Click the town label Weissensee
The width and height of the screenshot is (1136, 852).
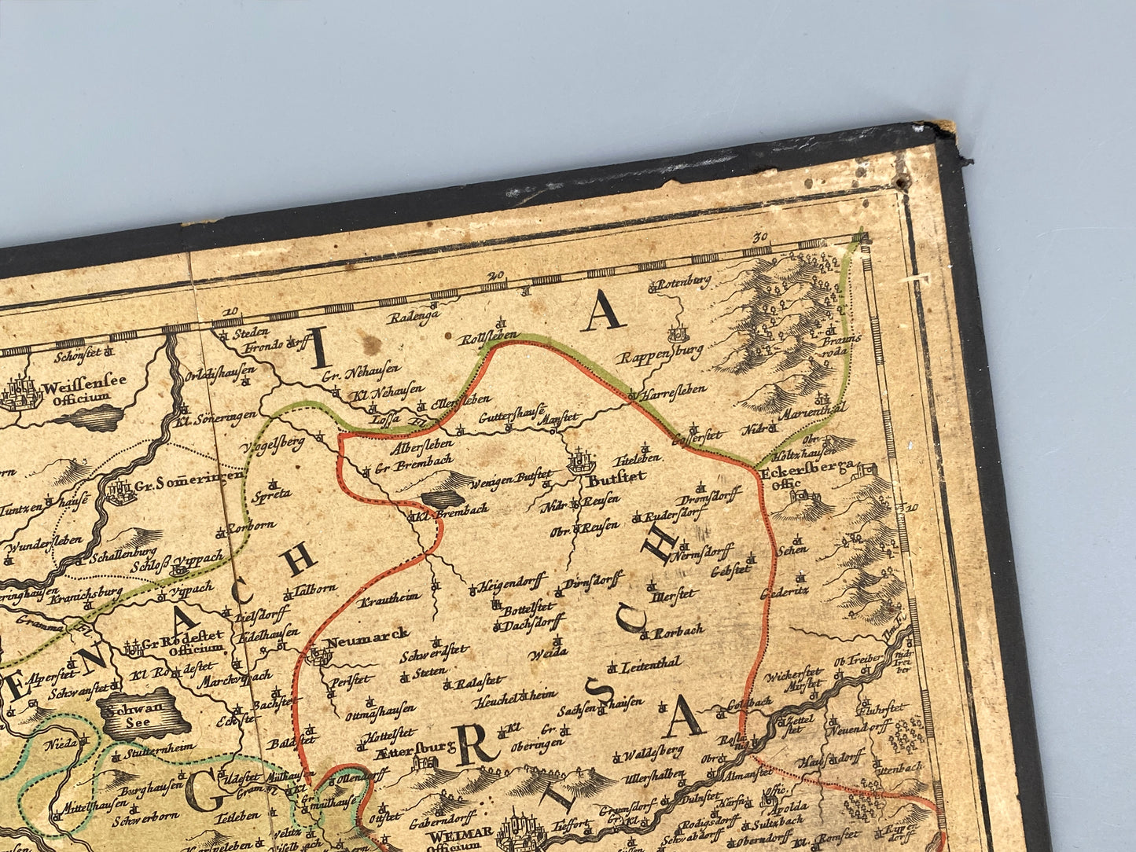(86, 387)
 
